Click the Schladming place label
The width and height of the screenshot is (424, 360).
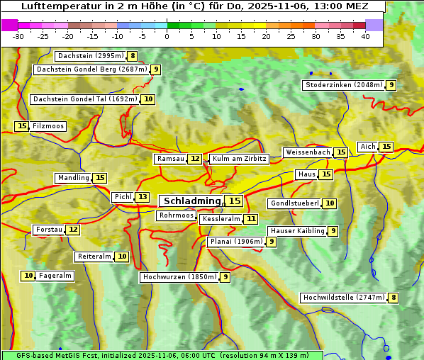pos(192,201)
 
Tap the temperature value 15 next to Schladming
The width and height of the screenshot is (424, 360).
pos(234,201)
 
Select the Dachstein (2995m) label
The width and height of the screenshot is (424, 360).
pos(90,56)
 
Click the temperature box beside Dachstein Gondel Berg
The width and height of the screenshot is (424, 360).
pos(155,69)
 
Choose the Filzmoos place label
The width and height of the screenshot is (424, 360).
pos(48,126)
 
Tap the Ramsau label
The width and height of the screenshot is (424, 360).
pos(170,159)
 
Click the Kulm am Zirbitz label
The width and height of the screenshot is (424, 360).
pos(239,159)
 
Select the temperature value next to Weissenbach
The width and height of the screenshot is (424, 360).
pos(341,152)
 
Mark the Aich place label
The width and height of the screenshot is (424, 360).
pos(368,147)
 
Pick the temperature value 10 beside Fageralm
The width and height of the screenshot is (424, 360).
pos(28,276)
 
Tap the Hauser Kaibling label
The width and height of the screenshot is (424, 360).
pos(296,231)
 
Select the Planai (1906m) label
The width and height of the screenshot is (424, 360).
pos(236,242)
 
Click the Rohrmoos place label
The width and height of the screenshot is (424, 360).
pos(176,215)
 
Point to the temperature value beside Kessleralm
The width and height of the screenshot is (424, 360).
pos(251,220)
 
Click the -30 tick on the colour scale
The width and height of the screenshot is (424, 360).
pos(18,36)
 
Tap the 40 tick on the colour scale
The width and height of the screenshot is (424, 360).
pos(365,36)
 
